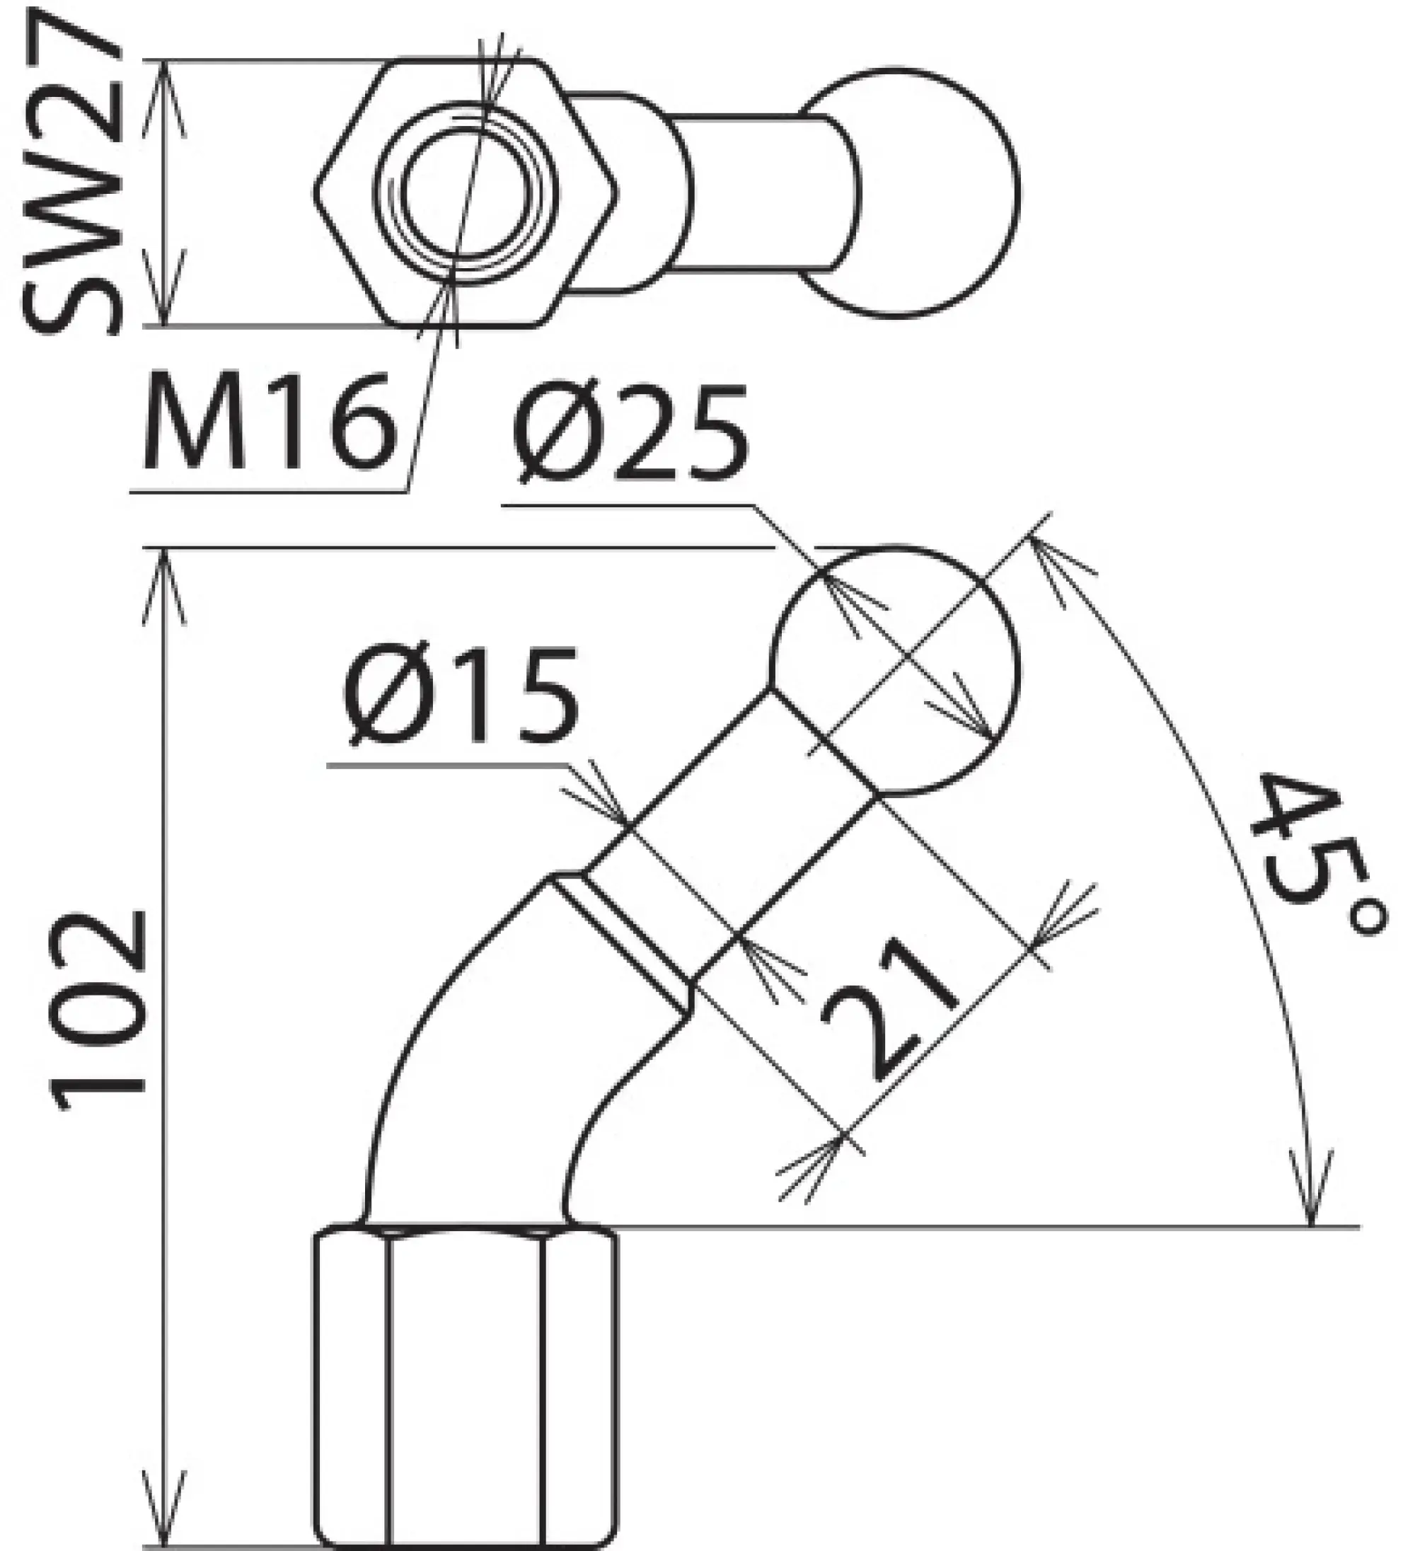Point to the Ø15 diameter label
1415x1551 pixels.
tap(460, 696)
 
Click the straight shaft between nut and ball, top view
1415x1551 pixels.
tap(762, 192)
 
